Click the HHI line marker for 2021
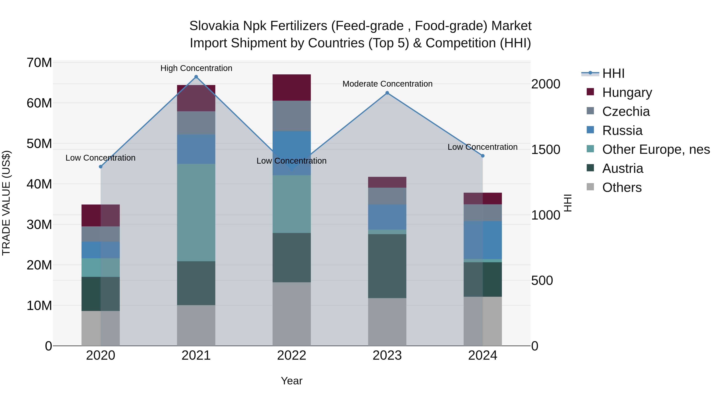(x=196, y=77)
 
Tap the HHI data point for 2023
(x=387, y=93)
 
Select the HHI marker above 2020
(x=101, y=167)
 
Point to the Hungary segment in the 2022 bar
(x=292, y=87)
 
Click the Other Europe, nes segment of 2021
(x=196, y=212)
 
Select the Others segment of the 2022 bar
(x=292, y=314)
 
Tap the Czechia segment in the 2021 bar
(x=196, y=123)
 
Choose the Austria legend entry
(x=622, y=169)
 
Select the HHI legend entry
(x=613, y=73)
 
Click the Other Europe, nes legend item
(x=656, y=150)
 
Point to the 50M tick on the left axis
(x=39, y=144)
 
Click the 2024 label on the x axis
(x=482, y=355)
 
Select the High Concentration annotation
(x=196, y=68)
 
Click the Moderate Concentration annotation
(x=387, y=84)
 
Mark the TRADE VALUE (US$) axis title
(x=6, y=203)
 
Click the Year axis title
(x=292, y=381)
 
